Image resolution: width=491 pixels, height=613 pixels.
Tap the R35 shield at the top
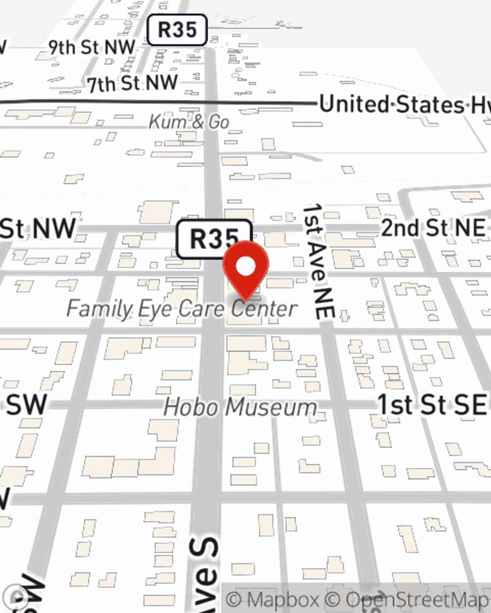(x=177, y=30)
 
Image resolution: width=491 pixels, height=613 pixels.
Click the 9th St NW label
(x=92, y=48)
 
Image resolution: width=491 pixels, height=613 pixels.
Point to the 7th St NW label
(x=133, y=83)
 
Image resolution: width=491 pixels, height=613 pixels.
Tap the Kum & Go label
(x=189, y=122)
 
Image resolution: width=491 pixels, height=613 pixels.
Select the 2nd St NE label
(x=433, y=228)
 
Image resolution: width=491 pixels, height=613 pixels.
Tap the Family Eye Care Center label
(x=182, y=309)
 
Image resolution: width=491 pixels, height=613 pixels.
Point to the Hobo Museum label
(x=240, y=408)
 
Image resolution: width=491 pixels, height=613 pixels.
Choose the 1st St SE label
(x=432, y=405)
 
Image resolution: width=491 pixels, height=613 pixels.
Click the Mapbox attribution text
(x=273, y=599)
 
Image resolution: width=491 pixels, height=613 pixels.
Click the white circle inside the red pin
(x=245, y=267)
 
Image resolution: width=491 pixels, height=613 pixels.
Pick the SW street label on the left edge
(x=26, y=405)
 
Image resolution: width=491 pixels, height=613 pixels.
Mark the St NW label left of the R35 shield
(x=38, y=229)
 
